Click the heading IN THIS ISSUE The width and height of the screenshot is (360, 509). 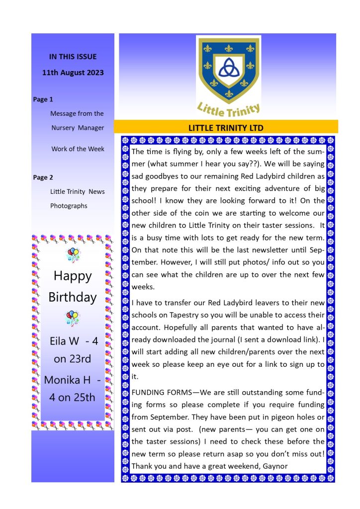click(x=73, y=57)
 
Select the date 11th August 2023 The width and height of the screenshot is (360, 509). click(x=73, y=73)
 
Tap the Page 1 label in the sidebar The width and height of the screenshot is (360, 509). click(x=43, y=99)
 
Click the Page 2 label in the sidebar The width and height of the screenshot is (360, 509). click(x=43, y=177)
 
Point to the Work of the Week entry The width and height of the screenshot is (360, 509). click(x=78, y=149)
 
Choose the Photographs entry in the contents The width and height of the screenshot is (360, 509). click(x=69, y=206)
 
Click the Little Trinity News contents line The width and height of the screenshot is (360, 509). click(x=78, y=191)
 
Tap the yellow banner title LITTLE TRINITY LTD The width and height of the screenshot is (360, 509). click(x=226, y=128)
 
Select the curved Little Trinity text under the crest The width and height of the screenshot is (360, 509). click(x=228, y=108)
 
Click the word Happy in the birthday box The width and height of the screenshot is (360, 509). click(x=73, y=275)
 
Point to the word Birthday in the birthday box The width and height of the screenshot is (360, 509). click(x=73, y=297)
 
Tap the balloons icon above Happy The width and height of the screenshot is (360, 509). click(x=73, y=255)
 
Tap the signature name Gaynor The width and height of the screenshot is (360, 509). click(x=271, y=466)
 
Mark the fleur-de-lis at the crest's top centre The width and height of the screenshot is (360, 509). click(x=228, y=48)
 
